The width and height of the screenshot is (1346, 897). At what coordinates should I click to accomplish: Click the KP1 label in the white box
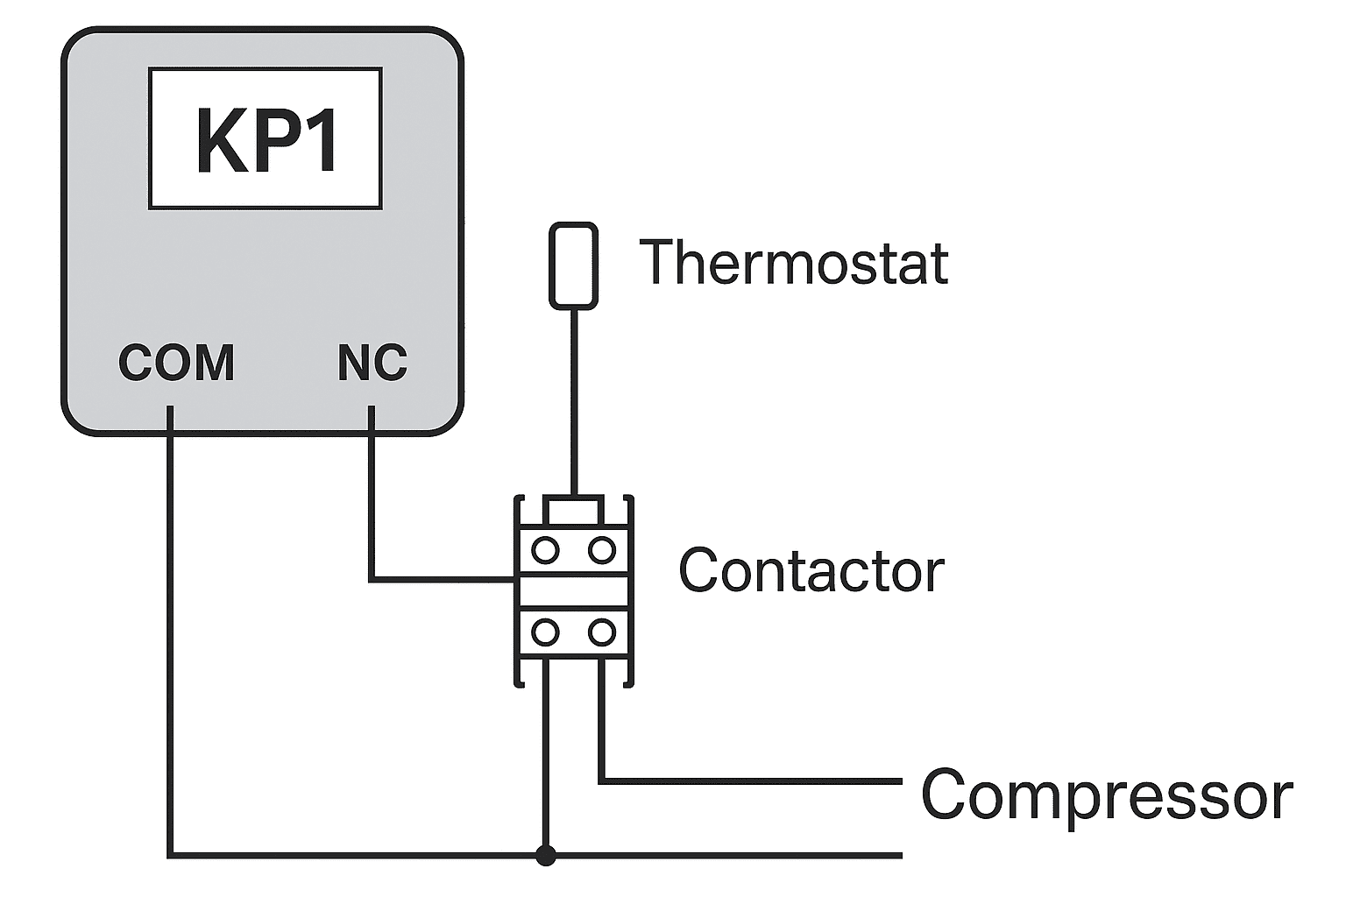[266, 140]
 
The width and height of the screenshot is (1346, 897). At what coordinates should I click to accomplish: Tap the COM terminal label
[176, 363]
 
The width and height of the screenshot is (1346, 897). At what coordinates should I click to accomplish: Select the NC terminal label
[372, 363]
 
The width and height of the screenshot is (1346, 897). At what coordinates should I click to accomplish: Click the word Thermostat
[794, 262]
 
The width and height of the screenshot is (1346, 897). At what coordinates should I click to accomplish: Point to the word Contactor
[811, 571]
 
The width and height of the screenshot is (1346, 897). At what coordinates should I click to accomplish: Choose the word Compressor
[1106, 795]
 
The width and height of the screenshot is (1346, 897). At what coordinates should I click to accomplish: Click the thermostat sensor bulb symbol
[574, 265]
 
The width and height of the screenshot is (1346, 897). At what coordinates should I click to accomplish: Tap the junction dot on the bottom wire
[546, 855]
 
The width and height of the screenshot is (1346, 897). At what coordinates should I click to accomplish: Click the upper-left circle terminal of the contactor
[546, 551]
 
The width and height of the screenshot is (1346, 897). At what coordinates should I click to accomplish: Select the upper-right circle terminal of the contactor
[602, 551]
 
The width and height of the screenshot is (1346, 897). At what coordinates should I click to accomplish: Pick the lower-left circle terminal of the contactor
[546, 632]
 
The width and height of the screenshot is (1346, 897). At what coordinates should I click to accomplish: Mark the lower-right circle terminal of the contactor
[602, 632]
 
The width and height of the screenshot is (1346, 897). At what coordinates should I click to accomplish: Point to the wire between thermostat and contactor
[574, 403]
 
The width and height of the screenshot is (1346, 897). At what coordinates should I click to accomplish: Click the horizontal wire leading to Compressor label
[754, 780]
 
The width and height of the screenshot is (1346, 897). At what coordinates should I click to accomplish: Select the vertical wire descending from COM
[170, 631]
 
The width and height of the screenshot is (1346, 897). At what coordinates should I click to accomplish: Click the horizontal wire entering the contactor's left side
[443, 579]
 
